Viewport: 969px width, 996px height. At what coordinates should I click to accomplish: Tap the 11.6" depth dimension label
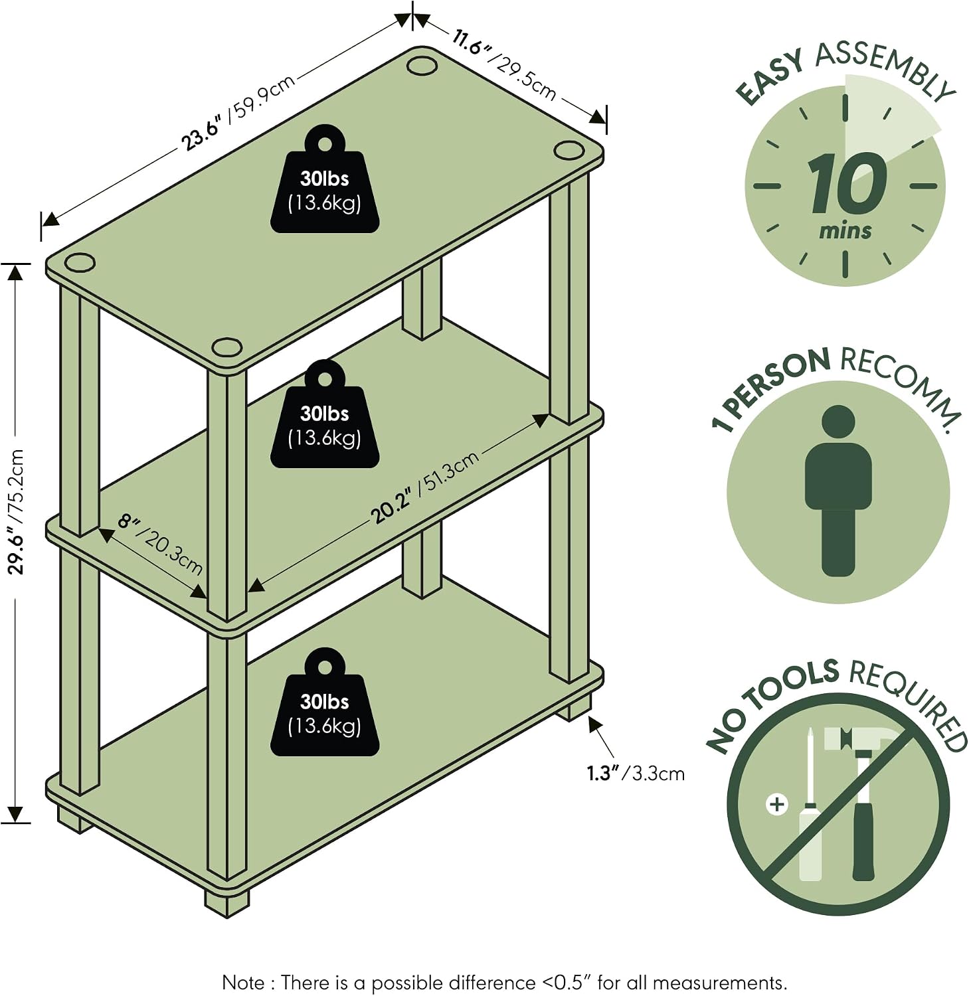(503, 65)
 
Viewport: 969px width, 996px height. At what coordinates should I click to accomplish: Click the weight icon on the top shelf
(325, 179)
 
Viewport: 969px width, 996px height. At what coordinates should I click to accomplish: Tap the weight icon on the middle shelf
(325, 414)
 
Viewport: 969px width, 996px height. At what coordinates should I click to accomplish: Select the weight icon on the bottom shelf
(325, 702)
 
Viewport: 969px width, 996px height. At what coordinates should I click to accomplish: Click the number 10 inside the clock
(847, 183)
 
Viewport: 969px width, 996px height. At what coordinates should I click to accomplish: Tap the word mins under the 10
(845, 231)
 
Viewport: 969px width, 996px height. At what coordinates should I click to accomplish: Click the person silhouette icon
(838, 491)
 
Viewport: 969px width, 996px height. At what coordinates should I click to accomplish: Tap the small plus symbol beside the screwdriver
(776, 805)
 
